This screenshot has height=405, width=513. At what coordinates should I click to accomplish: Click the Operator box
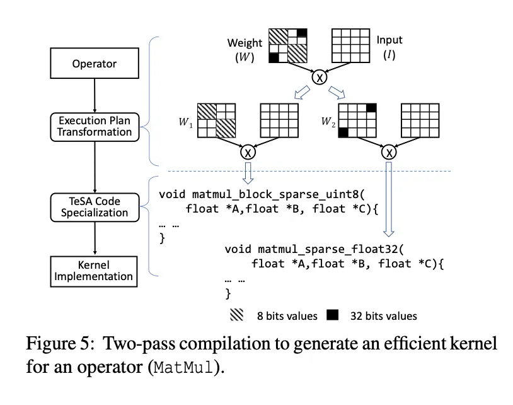point(95,63)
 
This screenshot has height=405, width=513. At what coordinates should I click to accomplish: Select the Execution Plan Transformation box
point(95,127)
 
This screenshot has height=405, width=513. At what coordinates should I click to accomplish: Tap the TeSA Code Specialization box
point(95,208)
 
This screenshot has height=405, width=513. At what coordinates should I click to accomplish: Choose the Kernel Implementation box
point(93,271)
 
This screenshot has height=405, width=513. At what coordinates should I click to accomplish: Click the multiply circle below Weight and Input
point(320,77)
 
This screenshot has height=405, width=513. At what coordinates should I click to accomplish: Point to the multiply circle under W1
point(248,152)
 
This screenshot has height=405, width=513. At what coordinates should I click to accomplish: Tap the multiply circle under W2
point(389,152)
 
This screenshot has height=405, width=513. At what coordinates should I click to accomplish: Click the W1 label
point(185,122)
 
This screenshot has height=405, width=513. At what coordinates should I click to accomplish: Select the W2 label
point(328,122)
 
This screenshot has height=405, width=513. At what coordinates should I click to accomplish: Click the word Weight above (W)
point(245,42)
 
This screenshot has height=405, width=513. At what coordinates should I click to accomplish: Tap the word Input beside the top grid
point(389,40)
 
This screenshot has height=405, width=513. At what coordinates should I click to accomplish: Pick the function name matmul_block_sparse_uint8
point(275,194)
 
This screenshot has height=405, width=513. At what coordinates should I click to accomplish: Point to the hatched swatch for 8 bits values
point(236,315)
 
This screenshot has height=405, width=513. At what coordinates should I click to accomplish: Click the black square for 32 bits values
point(332,315)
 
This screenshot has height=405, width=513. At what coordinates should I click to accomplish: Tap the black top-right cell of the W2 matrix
point(371,108)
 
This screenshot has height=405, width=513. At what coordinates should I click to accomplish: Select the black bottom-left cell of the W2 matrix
point(343,132)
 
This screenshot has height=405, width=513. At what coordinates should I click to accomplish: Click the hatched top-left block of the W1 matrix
point(207,112)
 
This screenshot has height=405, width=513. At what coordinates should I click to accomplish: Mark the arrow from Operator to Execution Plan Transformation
point(95,96)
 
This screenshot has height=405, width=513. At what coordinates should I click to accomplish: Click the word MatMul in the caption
point(183,367)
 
